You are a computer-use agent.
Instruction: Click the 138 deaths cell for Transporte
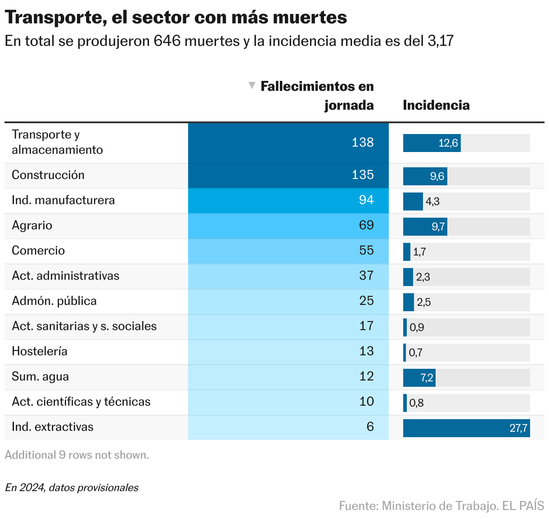click(x=363, y=143)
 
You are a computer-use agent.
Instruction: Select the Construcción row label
click(x=48, y=175)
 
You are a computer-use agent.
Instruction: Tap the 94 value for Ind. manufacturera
click(x=366, y=200)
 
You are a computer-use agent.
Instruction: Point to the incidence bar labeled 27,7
click(x=466, y=428)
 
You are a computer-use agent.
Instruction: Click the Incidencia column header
click(x=436, y=105)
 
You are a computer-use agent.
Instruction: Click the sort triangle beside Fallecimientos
click(x=252, y=85)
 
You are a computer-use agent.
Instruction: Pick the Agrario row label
click(x=32, y=225)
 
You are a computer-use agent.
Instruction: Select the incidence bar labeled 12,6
click(x=432, y=143)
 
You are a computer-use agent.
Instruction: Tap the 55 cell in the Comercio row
click(x=366, y=251)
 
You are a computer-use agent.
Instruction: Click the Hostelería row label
click(x=40, y=351)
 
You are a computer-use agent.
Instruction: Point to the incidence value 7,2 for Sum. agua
click(x=427, y=378)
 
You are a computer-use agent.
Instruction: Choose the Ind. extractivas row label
click(x=53, y=427)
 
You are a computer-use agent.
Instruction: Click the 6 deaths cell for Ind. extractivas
click(x=370, y=427)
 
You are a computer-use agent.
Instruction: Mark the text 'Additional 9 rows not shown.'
click(x=77, y=455)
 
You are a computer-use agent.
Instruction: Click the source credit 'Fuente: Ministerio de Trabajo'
click(x=418, y=506)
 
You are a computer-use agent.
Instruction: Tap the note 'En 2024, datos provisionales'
click(x=72, y=488)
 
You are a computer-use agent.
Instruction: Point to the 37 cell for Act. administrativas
click(x=366, y=276)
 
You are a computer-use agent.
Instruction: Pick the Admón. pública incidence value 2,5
click(x=423, y=302)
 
